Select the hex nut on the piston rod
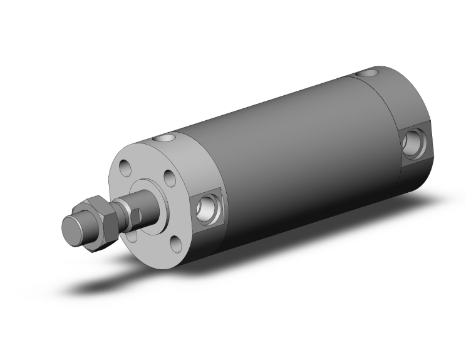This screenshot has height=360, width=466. point(96,222)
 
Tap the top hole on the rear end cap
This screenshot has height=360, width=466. point(365,75)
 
